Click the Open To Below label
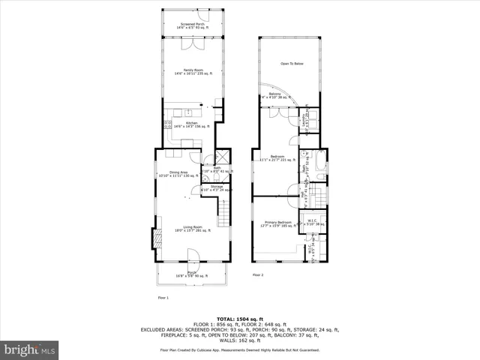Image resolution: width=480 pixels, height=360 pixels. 292,64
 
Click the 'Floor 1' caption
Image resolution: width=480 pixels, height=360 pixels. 163,297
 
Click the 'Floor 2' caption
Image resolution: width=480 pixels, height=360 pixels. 258,275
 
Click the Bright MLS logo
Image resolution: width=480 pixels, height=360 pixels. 29,350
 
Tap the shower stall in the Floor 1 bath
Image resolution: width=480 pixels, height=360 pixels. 222,159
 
